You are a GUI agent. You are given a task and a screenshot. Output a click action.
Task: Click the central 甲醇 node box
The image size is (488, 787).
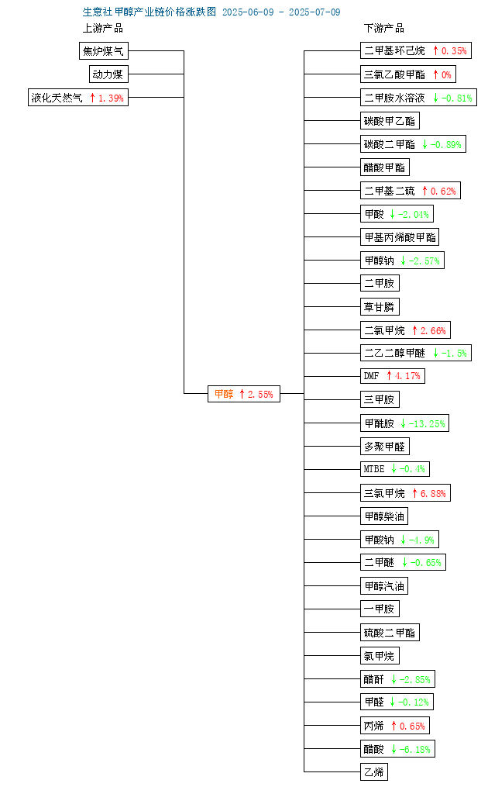(244, 394)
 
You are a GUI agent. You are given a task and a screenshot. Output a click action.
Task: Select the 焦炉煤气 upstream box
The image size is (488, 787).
(103, 50)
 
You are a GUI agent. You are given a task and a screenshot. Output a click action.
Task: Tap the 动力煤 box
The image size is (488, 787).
(108, 74)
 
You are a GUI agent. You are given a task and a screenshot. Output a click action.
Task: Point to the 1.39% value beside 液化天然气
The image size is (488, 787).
(111, 98)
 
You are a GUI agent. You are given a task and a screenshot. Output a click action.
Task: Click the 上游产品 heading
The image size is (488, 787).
(103, 28)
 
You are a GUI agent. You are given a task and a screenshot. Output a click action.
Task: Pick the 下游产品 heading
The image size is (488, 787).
(383, 28)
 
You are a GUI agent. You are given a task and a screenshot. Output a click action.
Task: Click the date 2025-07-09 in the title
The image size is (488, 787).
(314, 12)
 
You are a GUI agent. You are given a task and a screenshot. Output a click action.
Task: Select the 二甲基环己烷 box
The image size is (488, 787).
(416, 50)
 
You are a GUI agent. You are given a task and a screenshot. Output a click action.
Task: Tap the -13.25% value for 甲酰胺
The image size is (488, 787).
(427, 423)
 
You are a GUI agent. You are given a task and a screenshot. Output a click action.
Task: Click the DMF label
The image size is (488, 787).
(372, 375)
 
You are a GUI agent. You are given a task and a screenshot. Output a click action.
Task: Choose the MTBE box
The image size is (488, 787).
(395, 469)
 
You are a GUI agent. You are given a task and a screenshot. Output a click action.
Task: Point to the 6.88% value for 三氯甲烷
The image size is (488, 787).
(433, 493)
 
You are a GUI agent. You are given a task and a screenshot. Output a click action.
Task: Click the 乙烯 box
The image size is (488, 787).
(373, 772)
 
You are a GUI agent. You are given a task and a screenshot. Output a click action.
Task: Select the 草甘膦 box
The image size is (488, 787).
(380, 307)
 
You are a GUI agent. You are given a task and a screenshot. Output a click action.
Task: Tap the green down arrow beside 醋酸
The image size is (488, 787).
(393, 749)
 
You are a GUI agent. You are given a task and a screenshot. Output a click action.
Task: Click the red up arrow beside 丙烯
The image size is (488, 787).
(393, 726)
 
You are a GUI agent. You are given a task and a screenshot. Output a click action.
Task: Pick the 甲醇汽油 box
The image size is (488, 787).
(384, 585)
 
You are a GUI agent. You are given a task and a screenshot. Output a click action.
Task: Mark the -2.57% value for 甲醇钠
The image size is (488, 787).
(424, 261)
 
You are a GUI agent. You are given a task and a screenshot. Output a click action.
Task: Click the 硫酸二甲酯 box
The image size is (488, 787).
(390, 633)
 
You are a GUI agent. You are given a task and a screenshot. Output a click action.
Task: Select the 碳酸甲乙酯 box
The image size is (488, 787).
(390, 121)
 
